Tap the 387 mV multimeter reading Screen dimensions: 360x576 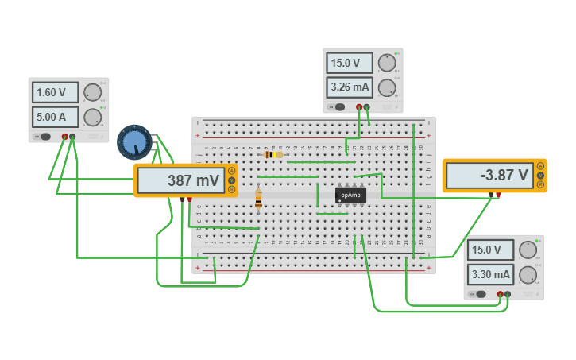pos(183,181)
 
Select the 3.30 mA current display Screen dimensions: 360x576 pos(491,275)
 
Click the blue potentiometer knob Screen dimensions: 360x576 pos(134,142)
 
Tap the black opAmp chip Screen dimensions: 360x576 pos(350,195)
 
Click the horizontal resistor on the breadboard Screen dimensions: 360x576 pos(273,155)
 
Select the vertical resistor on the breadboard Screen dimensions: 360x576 pos(258,200)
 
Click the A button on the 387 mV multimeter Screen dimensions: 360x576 pos(231,171)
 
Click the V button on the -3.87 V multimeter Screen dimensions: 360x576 pos(540,176)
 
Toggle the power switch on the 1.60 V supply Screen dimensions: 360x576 pos(44,137)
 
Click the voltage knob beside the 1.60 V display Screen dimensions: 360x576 pos(93,92)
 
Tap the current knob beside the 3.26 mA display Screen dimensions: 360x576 pos(387,87)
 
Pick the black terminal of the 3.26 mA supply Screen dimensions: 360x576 pos(359,106)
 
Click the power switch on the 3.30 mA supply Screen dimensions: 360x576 pos(480,294)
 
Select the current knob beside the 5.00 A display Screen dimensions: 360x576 pos(93,118)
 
